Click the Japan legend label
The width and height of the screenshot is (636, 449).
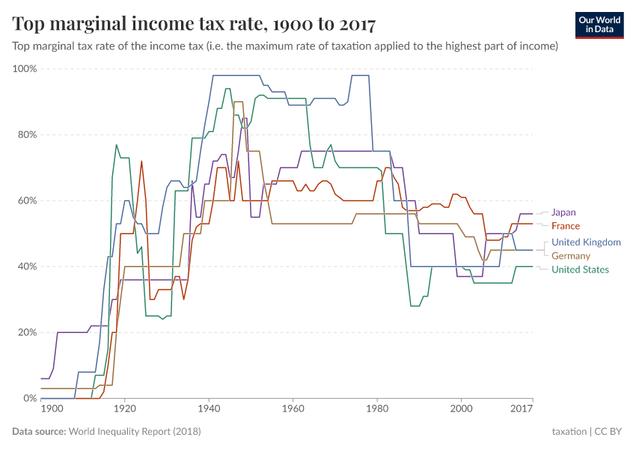pos(564,213)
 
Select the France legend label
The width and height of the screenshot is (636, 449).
pos(565,226)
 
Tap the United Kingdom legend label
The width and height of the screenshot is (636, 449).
pos(586,242)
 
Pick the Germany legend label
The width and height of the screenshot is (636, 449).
pos(571,256)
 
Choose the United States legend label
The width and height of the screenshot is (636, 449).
pos(580,269)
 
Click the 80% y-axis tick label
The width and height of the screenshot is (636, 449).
pos(27,135)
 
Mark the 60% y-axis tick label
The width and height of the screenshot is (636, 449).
pos(27,201)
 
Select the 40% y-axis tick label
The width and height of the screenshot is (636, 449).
pos(27,266)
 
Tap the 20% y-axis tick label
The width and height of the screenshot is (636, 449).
pos(27,332)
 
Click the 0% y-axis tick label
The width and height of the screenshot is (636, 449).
pos(30,398)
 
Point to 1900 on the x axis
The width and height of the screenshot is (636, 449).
pos(52,409)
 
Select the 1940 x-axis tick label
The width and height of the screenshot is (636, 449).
pos(209,409)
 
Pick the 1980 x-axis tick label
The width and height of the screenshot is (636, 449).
pos(377,409)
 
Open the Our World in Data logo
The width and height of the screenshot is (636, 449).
pos(601,25)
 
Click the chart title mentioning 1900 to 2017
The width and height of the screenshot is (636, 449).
pos(195,24)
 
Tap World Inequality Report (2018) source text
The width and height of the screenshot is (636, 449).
pos(135,432)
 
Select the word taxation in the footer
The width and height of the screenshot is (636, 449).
pos(569,432)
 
